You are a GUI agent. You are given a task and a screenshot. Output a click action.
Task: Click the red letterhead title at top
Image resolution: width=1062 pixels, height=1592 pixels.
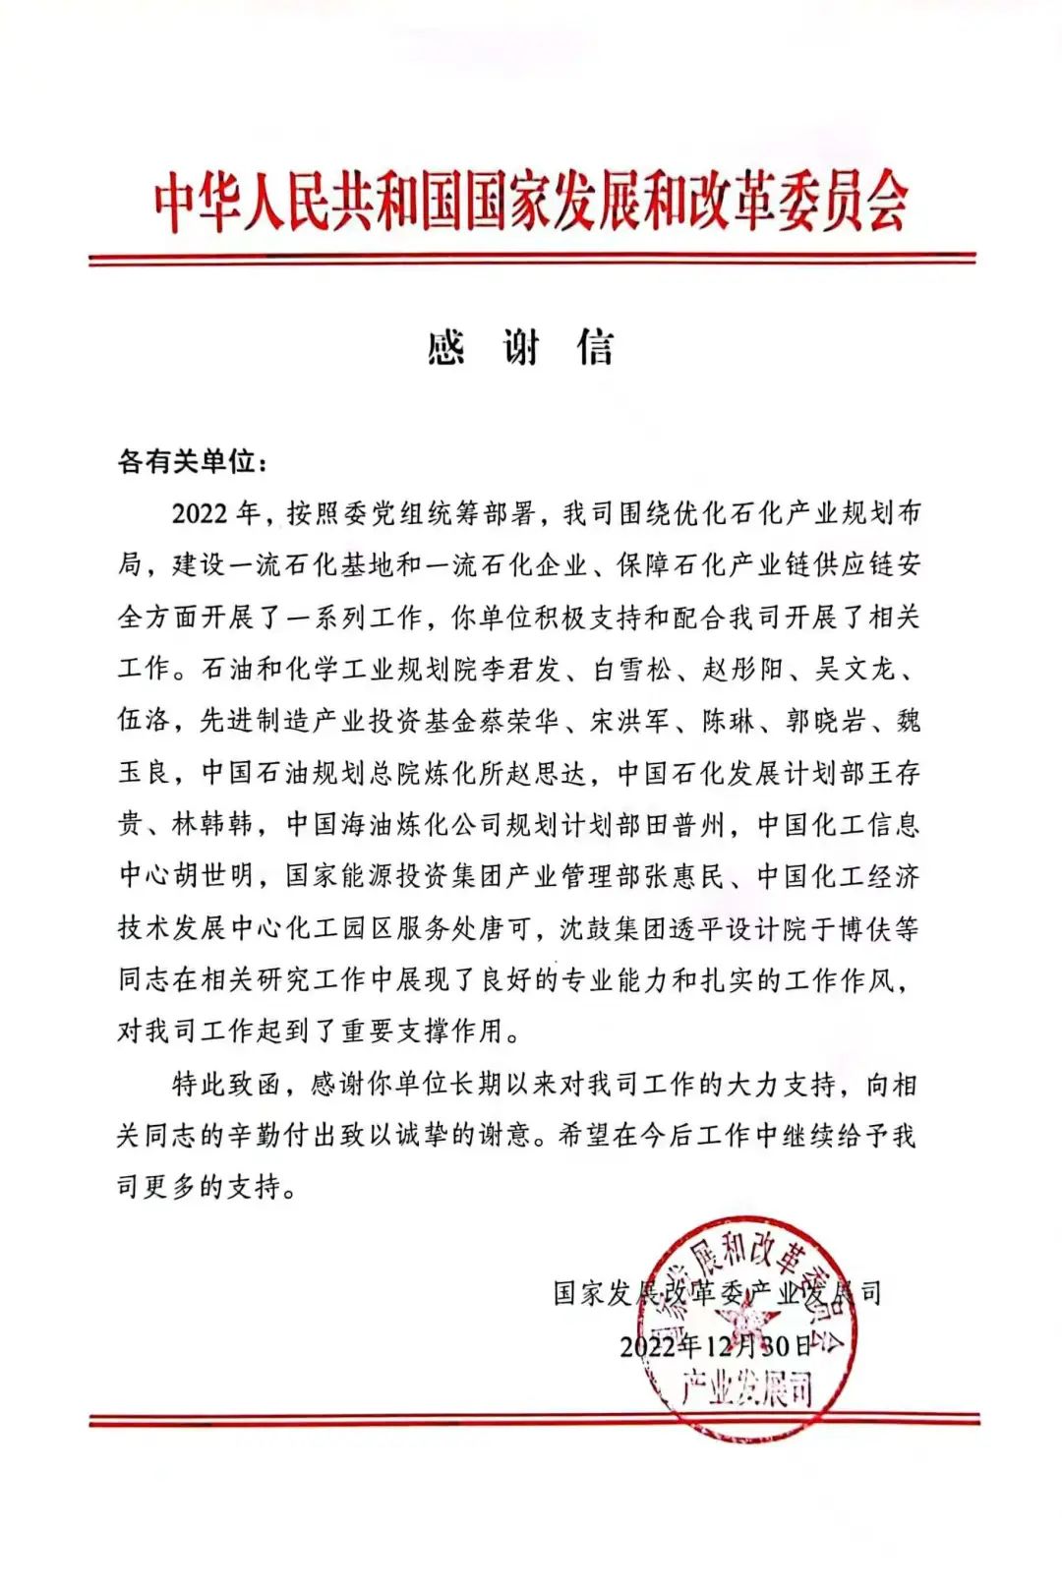click(531, 205)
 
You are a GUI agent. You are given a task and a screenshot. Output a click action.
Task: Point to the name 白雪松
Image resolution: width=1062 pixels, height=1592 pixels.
click(633, 670)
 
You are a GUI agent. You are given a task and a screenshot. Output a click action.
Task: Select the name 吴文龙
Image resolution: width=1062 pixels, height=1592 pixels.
click(854, 670)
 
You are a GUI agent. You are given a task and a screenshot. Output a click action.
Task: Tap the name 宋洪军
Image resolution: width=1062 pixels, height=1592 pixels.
click(631, 722)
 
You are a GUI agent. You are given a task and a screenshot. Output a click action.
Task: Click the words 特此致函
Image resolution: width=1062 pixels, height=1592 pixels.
click(227, 1085)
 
